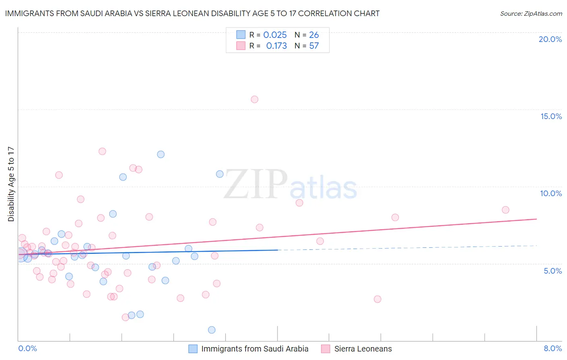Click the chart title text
coord(192,14)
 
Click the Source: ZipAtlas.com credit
coord(531,14)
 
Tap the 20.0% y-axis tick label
coord(550,39)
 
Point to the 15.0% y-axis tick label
coord(551,116)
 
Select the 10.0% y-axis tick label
coord(551,193)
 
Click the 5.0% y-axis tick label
coord(552,271)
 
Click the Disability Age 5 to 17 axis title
coord(11,184)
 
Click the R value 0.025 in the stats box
coord(275,35)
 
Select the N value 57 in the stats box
coord(314,46)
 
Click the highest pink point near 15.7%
coord(254,99)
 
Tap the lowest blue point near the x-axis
coord(212,330)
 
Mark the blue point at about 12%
coord(161,154)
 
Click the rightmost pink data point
coord(506,210)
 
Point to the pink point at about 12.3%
coord(102,151)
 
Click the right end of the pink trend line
coord(536,219)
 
